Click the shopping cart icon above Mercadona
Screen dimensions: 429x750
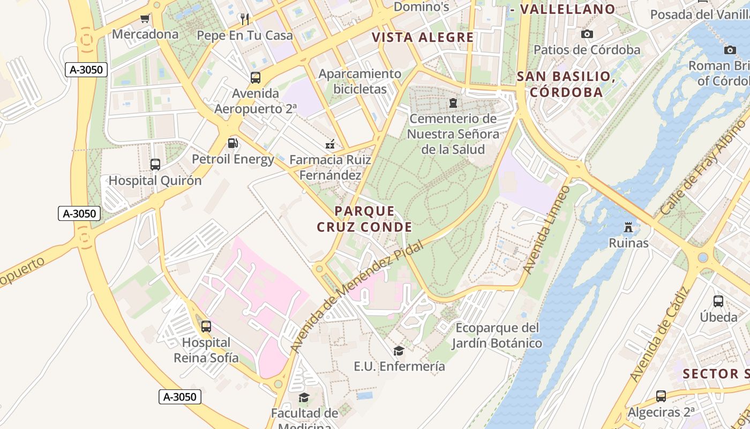pyautogui.click(x=145, y=19)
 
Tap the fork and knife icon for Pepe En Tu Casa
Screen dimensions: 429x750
pyautogui.click(x=245, y=20)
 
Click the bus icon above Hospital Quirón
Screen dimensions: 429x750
pyautogui.click(x=155, y=165)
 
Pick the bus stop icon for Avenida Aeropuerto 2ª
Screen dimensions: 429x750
pyautogui.click(x=256, y=78)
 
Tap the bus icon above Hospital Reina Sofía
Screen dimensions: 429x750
pyautogui.click(x=206, y=326)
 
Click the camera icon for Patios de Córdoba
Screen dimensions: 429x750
pyautogui.click(x=587, y=34)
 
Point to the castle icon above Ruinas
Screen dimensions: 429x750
pyautogui.click(x=628, y=227)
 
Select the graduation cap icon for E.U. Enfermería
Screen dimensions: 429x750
pyautogui.click(x=399, y=351)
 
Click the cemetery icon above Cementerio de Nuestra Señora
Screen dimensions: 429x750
pyautogui.click(x=453, y=102)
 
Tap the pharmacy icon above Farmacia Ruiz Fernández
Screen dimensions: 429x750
pyautogui.click(x=330, y=144)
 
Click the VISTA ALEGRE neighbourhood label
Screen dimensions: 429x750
pyautogui.click(x=423, y=38)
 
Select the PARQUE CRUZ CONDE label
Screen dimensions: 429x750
pyautogui.click(x=365, y=219)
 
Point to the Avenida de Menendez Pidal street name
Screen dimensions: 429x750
pyautogui.click(x=356, y=297)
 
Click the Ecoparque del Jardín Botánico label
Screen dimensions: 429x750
pyautogui.click(x=497, y=336)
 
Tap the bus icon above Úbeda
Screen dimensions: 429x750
pyautogui.click(x=718, y=301)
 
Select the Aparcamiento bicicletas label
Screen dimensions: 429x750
pyautogui.click(x=359, y=82)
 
